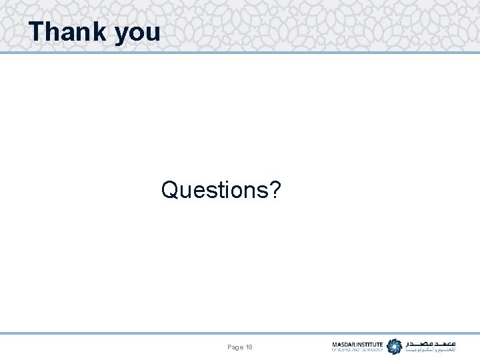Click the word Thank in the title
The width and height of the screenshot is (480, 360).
[68, 31]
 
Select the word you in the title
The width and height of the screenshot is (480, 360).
[138, 33]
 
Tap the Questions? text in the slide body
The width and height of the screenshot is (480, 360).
[221, 191]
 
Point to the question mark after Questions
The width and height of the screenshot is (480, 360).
[274, 190]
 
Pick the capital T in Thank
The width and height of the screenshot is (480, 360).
[37, 31]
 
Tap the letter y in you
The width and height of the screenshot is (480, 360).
[122, 35]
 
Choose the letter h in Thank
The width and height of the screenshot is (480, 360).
[53, 31]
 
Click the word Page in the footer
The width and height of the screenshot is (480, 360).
[235, 347]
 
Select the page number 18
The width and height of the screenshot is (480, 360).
[249, 347]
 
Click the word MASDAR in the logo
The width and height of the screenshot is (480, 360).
[345, 345]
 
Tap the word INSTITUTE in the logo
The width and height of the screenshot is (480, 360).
[371, 345]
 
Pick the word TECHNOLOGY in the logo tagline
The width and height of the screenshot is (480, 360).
[372, 350]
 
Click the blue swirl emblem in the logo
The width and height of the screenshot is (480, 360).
[395, 347]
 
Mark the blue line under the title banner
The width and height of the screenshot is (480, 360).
[240, 52]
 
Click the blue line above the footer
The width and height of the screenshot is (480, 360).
[240, 333]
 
